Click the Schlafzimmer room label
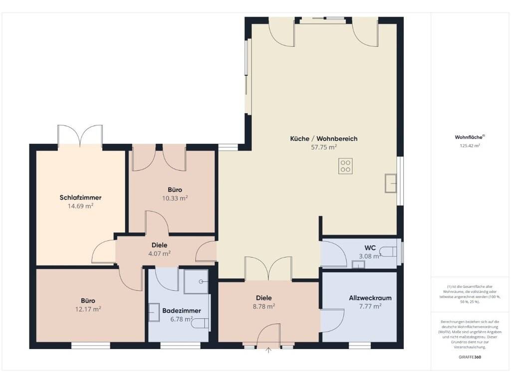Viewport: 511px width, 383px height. click(x=80, y=197)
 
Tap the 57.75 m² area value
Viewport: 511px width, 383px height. click(x=324, y=147)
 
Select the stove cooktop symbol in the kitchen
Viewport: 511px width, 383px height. click(x=345, y=166)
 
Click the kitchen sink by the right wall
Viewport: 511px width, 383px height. click(x=390, y=184)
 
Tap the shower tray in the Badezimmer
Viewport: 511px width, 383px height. click(x=196, y=281)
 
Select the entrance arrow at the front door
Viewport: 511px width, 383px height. click(x=268, y=351)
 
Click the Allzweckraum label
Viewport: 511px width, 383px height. click(x=370, y=298)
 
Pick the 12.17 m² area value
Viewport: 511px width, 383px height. click(x=88, y=309)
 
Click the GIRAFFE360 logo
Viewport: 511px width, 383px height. click(x=470, y=357)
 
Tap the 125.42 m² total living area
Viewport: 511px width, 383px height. click(x=470, y=146)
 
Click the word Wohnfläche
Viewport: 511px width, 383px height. click(x=469, y=137)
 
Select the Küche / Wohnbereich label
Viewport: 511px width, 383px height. click(x=324, y=139)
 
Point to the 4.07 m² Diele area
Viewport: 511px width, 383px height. click(x=159, y=253)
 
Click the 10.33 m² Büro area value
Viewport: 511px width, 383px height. click(x=175, y=198)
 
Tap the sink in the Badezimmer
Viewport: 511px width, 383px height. click(x=154, y=313)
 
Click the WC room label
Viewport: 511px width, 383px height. click(x=370, y=248)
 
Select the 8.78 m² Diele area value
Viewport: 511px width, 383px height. click(x=264, y=306)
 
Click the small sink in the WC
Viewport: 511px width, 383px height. click(x=358, y=264)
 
